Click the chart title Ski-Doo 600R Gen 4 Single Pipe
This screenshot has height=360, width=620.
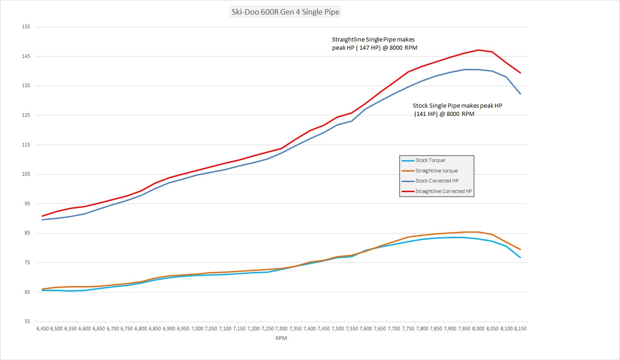point(286,12)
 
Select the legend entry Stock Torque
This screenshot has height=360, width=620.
point(430,160)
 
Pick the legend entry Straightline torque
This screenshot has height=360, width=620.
point(436,171)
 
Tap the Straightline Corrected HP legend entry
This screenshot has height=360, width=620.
point(443,192)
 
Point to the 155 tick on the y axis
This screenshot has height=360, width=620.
point(26,27)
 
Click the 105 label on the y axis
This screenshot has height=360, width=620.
point(26,174)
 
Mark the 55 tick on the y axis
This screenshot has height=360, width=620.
point(26,322)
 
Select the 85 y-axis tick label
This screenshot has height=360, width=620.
point(26,233)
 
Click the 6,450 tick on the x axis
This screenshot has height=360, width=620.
point(42,329)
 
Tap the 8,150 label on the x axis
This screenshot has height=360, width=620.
point(520,329)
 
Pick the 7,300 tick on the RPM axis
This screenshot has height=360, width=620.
point(281,329)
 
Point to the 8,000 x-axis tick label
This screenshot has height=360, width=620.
point(478,329)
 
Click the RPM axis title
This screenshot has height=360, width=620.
point(281,339)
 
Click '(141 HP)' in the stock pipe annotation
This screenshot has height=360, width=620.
point(426,114)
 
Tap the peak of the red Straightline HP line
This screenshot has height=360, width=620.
point(478,50)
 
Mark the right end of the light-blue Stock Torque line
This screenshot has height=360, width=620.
point(520,258)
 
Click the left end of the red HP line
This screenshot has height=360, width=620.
point(42,216)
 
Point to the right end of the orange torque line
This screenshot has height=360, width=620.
point(520,250)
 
